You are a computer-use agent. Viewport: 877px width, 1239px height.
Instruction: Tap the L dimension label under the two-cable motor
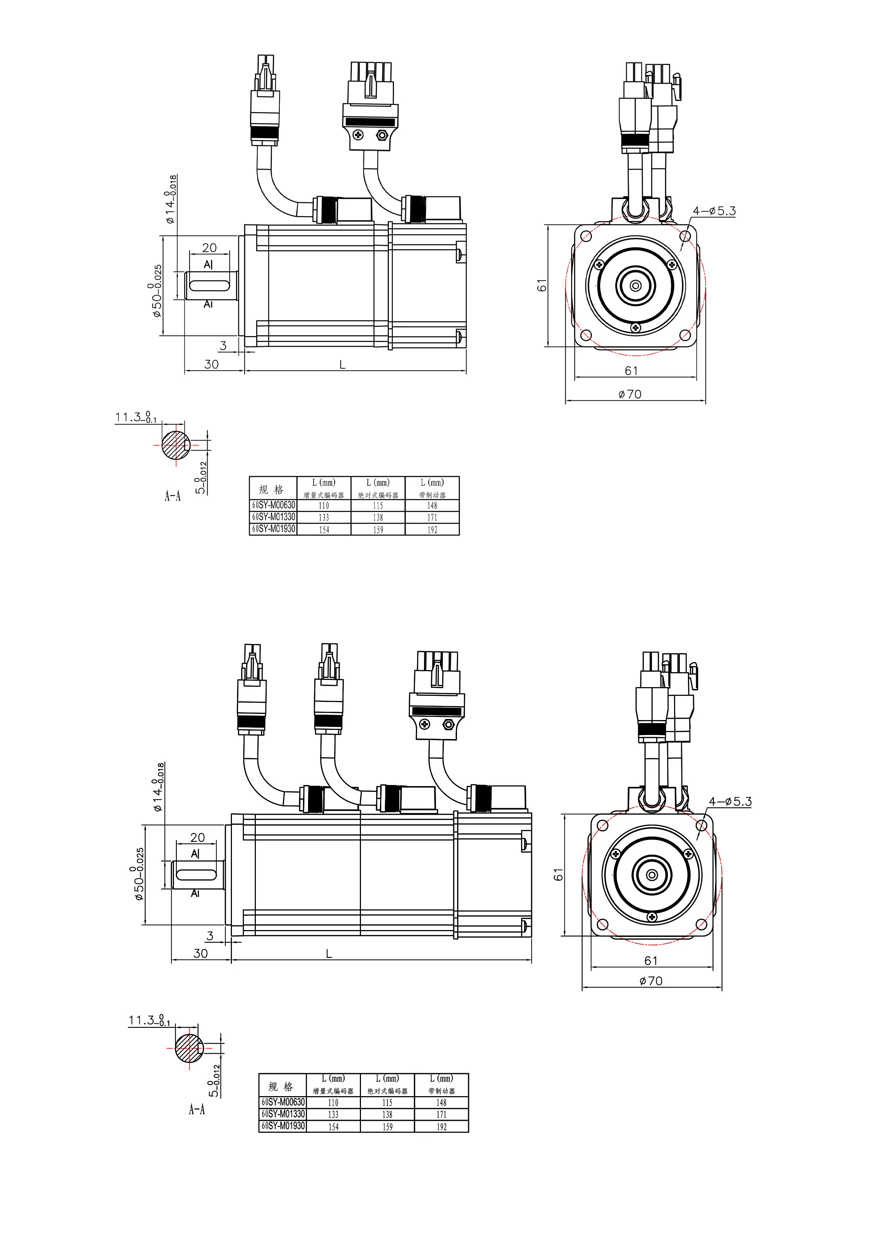tap(342, 365)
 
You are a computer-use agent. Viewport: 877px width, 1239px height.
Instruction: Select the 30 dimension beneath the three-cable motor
tap(200, 953)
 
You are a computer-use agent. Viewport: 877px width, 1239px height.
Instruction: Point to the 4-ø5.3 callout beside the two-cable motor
tap(714, 211)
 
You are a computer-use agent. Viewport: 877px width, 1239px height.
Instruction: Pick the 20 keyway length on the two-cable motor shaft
tap(209, 248)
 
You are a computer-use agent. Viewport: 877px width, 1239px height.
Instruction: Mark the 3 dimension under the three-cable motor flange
tap(210, 936)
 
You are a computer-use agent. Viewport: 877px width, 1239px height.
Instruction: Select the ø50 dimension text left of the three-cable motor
tap(138, 874)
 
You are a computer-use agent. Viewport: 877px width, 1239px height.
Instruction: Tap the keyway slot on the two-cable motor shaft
tap(208, 285)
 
